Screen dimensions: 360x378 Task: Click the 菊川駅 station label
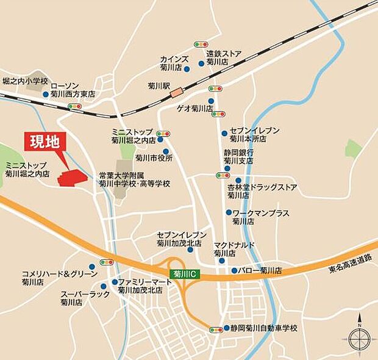click(x=158, y=87)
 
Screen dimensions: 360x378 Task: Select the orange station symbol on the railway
click(x=177, y=93)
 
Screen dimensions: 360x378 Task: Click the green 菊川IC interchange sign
click(x=182, y=275)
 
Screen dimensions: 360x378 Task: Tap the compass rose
click(x=358, y=339)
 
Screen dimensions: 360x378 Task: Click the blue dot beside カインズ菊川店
click(x=187, y=68)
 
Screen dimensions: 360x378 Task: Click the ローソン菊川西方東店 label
click(x=73, y=90)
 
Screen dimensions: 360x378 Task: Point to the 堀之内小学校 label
click(x=24, y=80)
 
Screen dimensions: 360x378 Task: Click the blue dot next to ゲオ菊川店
click(x=211, y=101)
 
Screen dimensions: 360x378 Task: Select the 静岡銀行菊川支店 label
click(x=238, y=156)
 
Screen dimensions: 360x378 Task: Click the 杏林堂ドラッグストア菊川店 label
click(x=262, y=191)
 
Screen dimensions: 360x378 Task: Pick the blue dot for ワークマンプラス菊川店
click(x=229, y=212)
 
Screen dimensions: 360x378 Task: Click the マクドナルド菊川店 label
click(x=234, y=248)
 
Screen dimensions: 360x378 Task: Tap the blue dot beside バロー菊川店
click(x=234, y=270)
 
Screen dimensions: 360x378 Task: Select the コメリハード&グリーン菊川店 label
click(x=59, y=278)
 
